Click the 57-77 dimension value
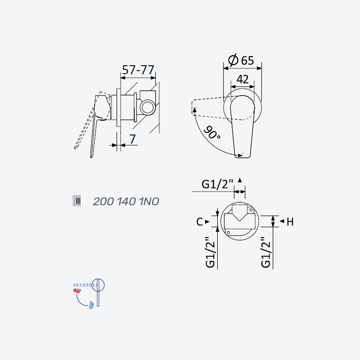click(x=138, y=70)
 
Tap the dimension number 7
click(x=132, y=139)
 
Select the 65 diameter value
click(x=247, y=60)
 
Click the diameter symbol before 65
click(x=233, y=60)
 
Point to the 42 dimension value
click(x=243, y=79)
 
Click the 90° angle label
click(x=212, y=132)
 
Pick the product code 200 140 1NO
click(x=126, y=201)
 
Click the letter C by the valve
click(x=199, y=222)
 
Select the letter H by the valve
click(x=290, y=222)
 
